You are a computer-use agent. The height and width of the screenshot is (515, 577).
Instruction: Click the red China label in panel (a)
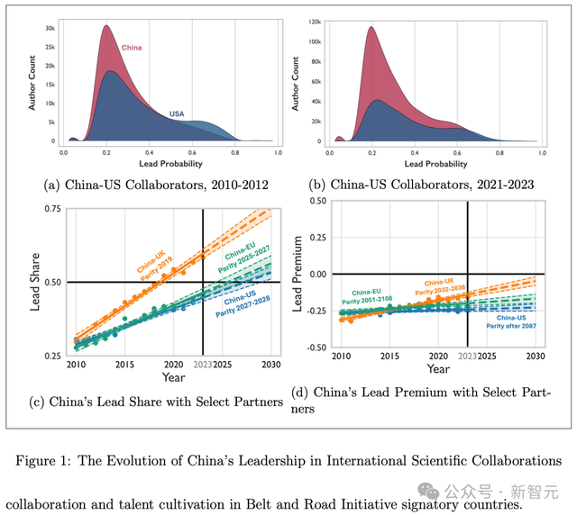[132, 47]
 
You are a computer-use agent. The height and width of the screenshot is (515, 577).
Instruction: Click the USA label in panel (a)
[183, 113]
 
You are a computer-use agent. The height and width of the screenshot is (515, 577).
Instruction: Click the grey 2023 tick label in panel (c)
[203, 365]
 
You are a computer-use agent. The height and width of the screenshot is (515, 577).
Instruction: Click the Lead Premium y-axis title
[294, 274]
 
